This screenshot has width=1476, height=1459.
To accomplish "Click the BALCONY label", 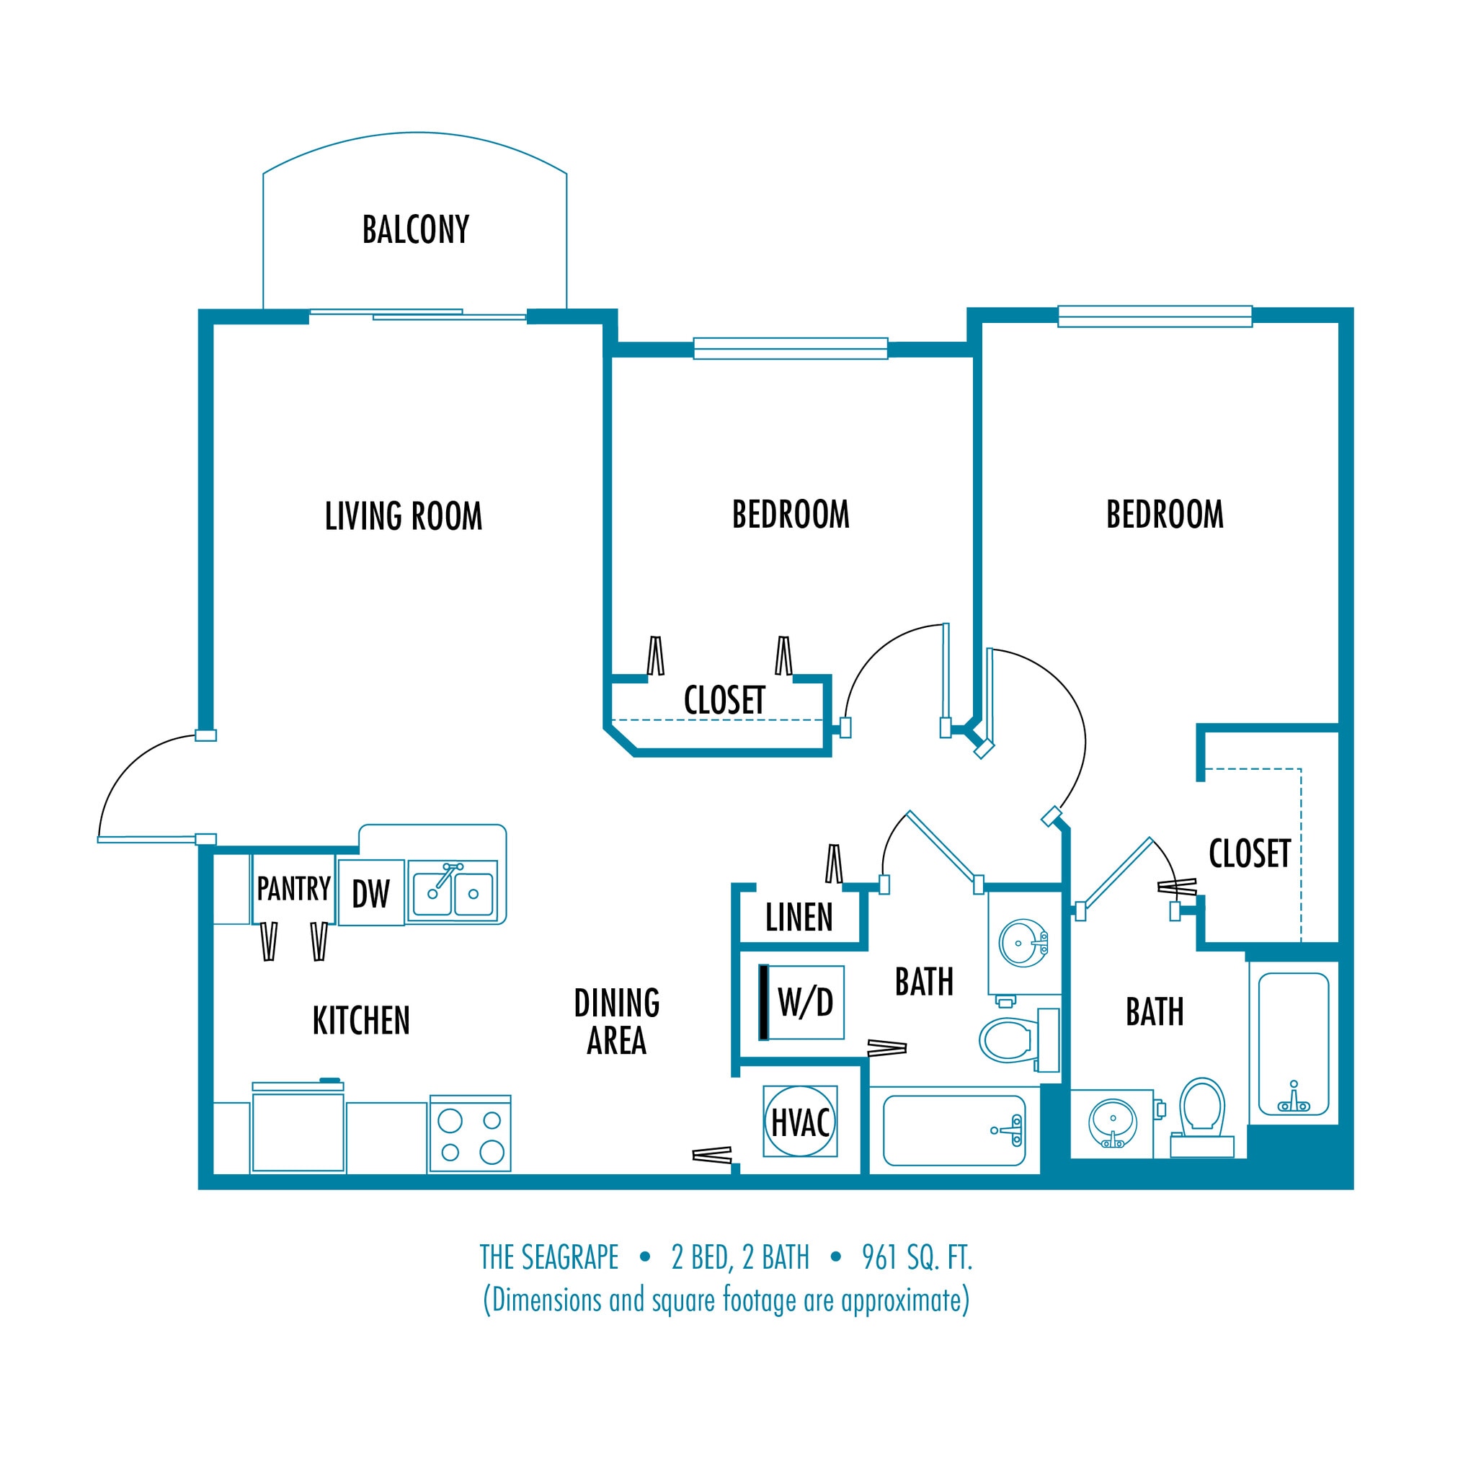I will [416, 230].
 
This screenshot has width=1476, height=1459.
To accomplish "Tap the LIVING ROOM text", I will [404, 517].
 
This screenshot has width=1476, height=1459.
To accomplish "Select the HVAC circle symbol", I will [800, 1122].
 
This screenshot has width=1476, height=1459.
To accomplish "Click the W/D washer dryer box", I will [801, 1002].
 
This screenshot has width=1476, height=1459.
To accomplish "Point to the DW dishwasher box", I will [370, 892].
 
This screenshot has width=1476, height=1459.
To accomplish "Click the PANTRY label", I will [293, 888].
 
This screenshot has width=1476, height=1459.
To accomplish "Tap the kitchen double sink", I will [453, 892].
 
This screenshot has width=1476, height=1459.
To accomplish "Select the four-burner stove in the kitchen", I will [470, 1133].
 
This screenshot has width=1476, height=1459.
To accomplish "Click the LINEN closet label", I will [799, 917].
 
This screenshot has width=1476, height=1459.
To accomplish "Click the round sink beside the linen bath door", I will [1022, 943].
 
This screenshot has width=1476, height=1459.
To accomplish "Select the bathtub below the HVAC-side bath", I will [953, 1130].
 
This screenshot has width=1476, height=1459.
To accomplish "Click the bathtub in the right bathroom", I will [1293, 1043].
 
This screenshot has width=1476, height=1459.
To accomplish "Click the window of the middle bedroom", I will [790, 348].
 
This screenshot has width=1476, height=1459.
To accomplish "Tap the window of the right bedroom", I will [1155, 316].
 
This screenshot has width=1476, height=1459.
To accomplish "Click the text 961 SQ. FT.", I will [917, 1257].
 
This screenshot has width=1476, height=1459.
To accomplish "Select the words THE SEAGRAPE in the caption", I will [548, 1257].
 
